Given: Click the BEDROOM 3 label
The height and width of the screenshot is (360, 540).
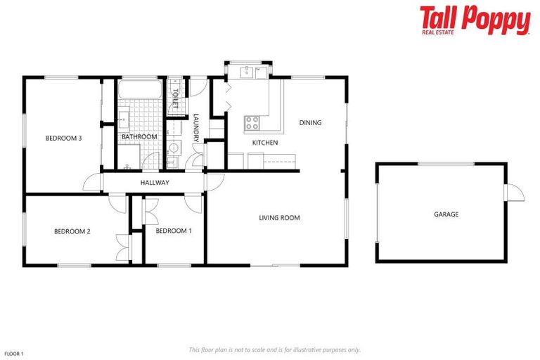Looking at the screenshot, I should click(63, 139).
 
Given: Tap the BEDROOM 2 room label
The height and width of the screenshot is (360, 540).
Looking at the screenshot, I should click(72, 231).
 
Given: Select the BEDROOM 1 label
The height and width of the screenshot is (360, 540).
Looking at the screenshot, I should click(173, 231).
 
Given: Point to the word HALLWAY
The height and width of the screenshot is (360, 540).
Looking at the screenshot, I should click(155, 183).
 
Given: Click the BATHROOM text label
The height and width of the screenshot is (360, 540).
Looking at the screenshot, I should click(139, 136).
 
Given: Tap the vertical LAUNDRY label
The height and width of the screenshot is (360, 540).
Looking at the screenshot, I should click(197, 127).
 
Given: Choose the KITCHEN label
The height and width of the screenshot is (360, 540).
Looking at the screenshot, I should click(265, 143).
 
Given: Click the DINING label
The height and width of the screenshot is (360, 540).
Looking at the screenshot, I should click(310, 123).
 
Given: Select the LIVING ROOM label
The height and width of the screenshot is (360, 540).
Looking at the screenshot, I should click(279, 218).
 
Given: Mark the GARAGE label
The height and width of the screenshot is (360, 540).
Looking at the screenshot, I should click(446, 214).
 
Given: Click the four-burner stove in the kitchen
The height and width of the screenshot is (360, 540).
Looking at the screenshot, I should click(252, 124).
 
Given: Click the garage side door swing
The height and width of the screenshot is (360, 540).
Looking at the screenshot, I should click(515, 192).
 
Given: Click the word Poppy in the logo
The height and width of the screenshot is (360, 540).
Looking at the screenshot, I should click(496, 18).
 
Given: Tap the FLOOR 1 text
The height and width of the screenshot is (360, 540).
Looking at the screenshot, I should click(14, 353).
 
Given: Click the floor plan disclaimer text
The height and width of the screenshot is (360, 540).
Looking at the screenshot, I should click(275, 349).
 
